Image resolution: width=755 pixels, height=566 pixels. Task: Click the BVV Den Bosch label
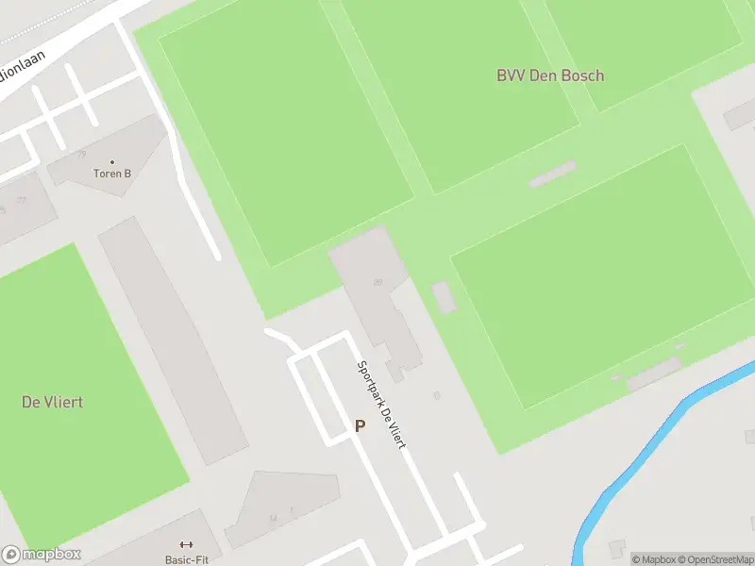coord(550,75)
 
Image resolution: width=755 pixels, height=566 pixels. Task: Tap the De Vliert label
coord(52,402)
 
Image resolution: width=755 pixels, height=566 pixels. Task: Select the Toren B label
coord(112,174)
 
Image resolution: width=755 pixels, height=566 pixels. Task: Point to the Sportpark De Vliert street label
coord(380,405)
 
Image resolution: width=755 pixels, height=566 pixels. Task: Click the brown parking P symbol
coord(360,426)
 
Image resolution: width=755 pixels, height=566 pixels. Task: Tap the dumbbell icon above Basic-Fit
coord(185,544)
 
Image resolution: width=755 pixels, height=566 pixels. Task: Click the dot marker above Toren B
coord(112,162)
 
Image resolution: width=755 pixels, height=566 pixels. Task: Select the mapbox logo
coord(42,555)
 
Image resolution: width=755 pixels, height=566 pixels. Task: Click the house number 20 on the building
coord(377,281)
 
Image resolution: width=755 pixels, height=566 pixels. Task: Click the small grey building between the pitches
coord(552,174)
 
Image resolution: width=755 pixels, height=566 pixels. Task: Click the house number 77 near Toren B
coord(82,155)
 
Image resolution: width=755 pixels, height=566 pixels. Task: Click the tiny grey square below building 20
coord(436,395)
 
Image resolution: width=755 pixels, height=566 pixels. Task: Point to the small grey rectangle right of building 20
coord(443,296)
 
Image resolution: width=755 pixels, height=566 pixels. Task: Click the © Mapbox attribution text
coord(653,559)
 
